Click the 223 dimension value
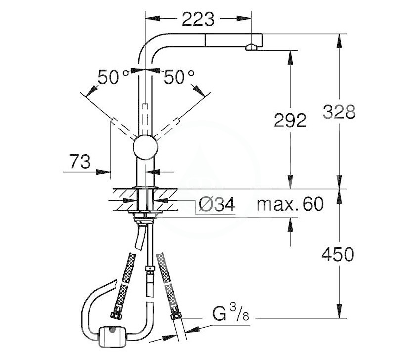(x=198, y=19)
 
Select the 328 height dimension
(x=339, y=112)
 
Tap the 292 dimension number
(x=290, y=120)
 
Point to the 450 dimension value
(x=338, y=254)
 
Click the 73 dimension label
(x=80, y=162)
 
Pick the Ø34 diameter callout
(x=217, y=204)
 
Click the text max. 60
(x=290, y=204)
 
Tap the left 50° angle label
(x=113, y=77)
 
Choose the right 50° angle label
(x=179, y=77)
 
